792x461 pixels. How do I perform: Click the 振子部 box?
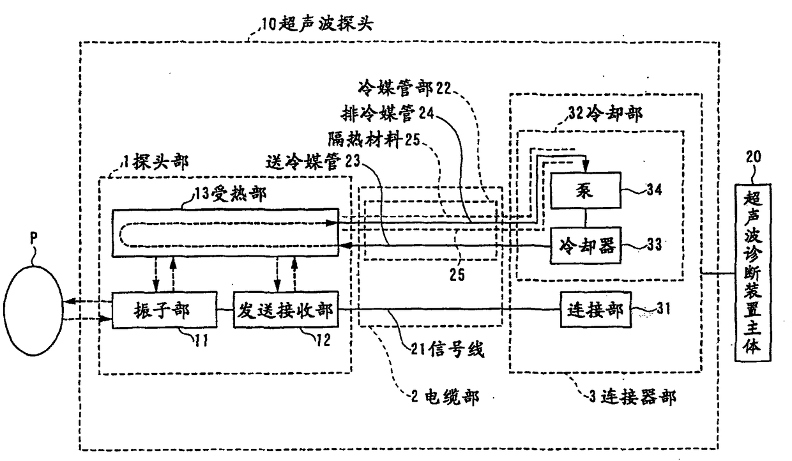[153, 310]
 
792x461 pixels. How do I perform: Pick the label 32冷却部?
[600, 114]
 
